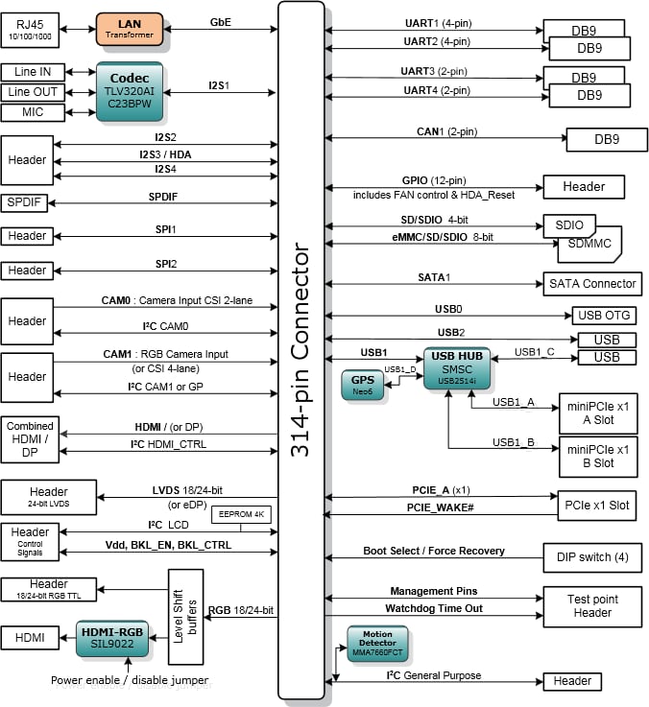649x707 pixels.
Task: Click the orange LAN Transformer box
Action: point(130,29)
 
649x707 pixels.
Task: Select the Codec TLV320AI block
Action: point(130,92)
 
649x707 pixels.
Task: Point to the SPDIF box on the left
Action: point(27,202)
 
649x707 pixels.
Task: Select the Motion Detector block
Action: point(377,644)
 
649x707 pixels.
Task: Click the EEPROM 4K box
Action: point(241,514)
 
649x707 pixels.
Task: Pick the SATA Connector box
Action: point(592,283)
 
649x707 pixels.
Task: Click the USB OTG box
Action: point(604,316)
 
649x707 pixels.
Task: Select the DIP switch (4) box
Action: point(592,557)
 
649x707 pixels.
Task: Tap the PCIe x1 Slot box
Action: point(596,505)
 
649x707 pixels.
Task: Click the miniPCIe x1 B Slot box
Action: point(596,456)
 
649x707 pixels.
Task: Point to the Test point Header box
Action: point(592,605)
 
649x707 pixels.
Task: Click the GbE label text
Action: point(221,22)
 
